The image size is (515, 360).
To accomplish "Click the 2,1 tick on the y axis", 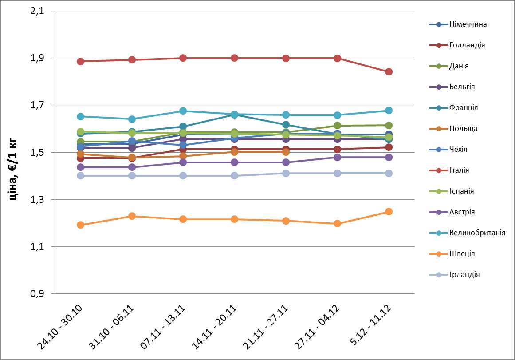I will pos(38,11).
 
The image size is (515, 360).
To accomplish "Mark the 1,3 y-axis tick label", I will pos(38,200).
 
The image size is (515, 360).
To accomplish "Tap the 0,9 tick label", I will pos(38,294).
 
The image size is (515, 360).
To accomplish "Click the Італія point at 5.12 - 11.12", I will pos(389,72).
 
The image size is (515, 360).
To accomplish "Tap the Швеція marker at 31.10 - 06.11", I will pos(132,216).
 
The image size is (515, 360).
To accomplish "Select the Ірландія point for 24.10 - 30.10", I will pos(81,176).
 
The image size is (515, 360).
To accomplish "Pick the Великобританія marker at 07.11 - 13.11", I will pos(183,111).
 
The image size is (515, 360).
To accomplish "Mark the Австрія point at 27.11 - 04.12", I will pos(337,158).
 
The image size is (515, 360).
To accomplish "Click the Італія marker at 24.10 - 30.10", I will pos(81,61).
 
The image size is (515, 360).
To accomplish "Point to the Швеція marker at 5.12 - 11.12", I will pos(389,212).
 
